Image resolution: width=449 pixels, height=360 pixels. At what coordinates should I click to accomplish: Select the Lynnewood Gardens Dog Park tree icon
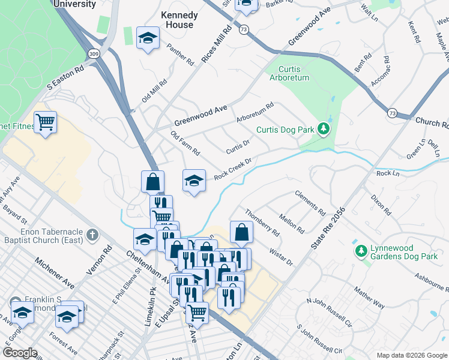point(361,250)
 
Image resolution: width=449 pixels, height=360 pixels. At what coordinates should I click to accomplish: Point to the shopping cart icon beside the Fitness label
point(45,122)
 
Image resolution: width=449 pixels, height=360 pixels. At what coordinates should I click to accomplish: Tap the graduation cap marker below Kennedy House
point(148,38)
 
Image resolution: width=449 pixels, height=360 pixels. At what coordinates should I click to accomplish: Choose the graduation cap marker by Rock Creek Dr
point(194,181)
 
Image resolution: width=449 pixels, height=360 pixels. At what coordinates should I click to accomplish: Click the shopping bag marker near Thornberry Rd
point(241,232)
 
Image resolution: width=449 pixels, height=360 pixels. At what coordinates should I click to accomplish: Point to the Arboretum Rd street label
point(255,113)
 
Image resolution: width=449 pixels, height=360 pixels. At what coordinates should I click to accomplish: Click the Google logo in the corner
point(20,353)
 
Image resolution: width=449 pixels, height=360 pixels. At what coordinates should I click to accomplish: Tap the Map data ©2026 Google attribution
point(411,355)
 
